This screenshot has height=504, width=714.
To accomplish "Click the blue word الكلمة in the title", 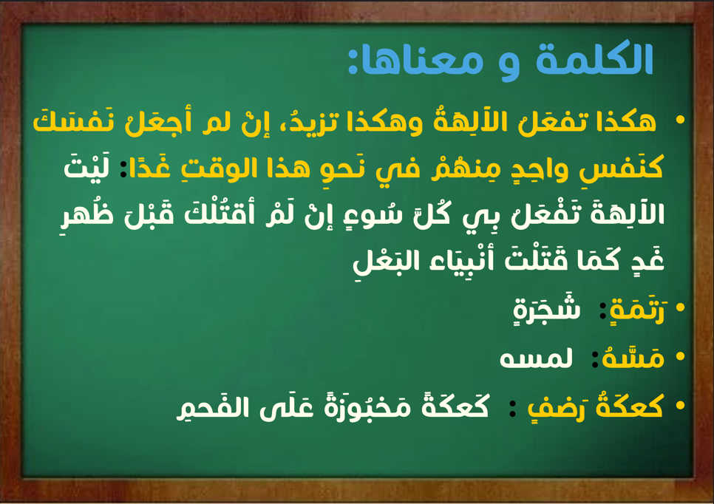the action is pos(594,59).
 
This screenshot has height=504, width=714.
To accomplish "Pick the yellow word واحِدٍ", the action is pos(528,168).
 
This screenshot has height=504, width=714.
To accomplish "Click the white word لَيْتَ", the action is pos(86,166).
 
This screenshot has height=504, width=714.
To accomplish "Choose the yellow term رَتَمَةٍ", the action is pos(637,308).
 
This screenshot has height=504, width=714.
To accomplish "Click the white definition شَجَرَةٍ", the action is pos(546,308).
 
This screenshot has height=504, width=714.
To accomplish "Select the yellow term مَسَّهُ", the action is pos(633,357).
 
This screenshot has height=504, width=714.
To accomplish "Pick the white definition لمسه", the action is pos(536,358).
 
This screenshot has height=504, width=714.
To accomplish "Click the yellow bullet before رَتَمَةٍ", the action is pos(680,307).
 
